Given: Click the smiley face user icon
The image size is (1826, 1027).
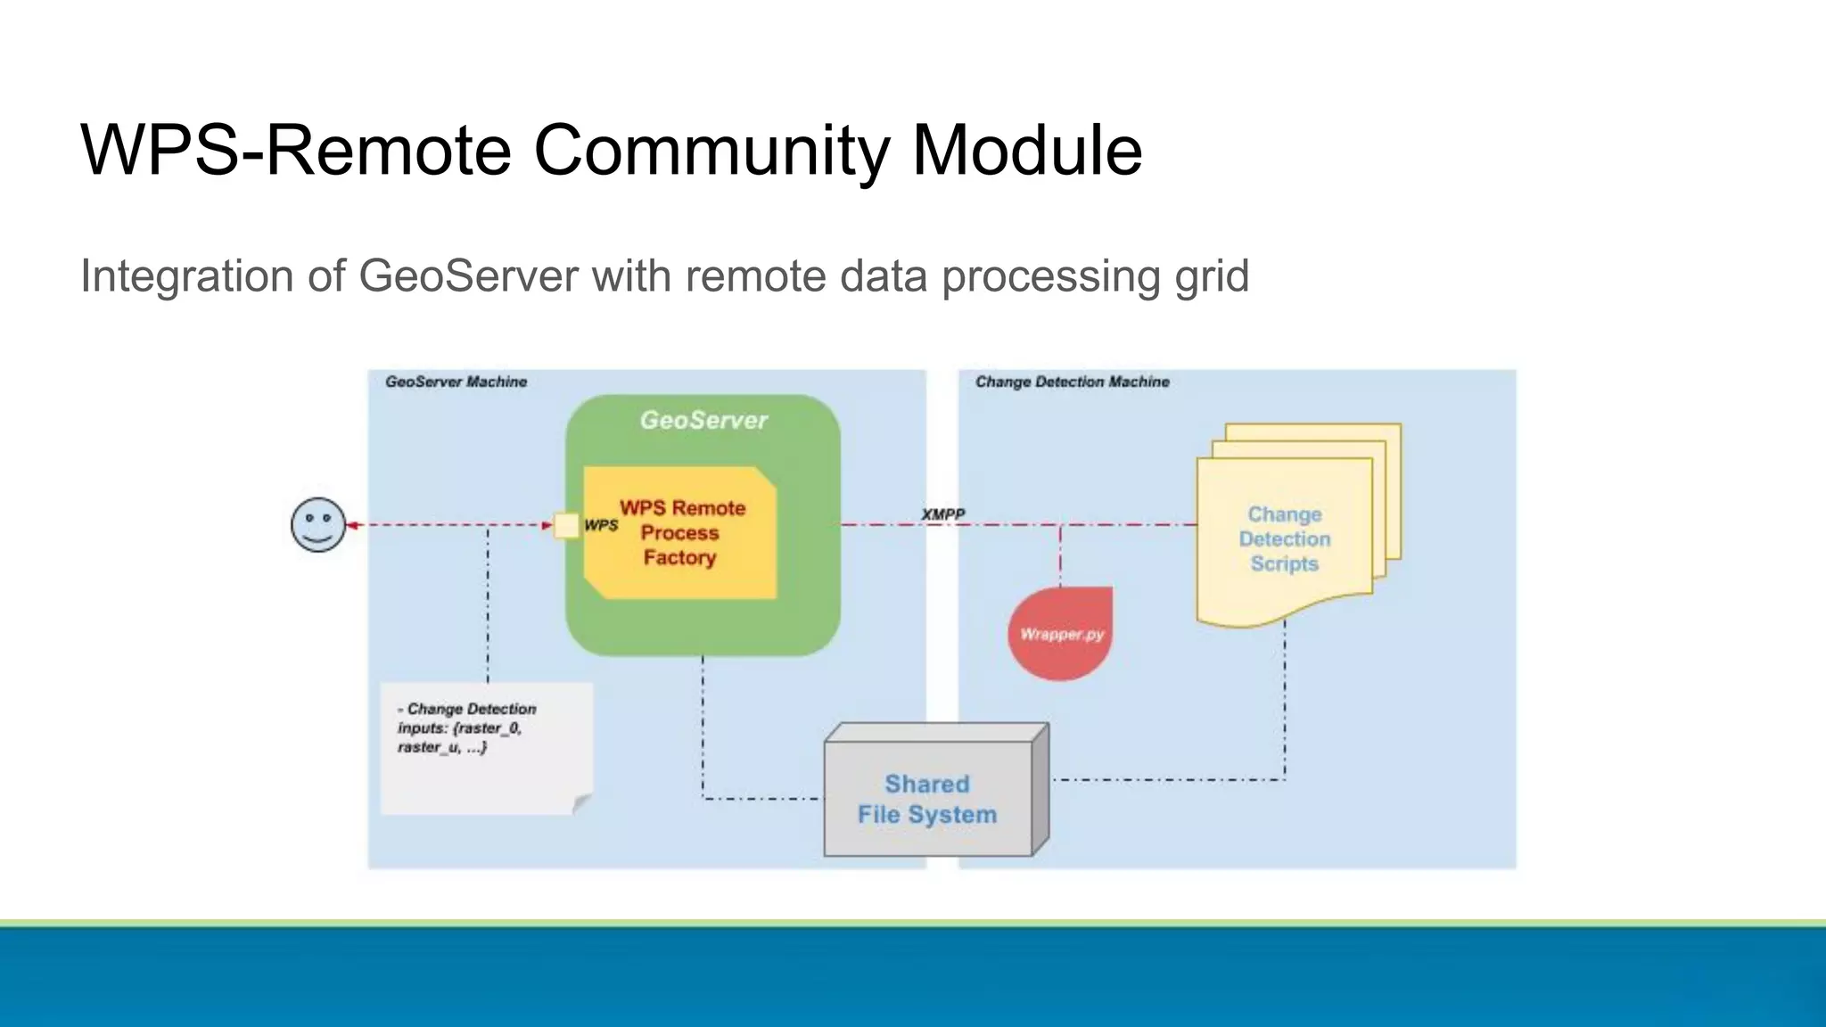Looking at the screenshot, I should click(318, 525).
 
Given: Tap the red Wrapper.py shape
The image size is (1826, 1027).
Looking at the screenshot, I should click(1061, 633).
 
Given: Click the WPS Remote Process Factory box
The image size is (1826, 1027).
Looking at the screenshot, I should click(681, 533).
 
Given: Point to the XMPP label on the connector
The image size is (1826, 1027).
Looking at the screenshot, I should click(942, 514).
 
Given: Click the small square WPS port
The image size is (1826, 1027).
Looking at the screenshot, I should click(566, 526).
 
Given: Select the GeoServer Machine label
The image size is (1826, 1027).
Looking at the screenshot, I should click(456, 382).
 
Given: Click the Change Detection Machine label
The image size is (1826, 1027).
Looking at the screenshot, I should click(1072, 382).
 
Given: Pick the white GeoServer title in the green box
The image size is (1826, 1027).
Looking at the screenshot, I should click(703, 420).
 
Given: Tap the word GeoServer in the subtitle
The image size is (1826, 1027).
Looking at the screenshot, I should click(468, 275).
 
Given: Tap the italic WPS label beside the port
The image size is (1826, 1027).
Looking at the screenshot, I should click(601, 525).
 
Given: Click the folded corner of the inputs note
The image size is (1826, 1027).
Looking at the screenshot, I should click(581, 802).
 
